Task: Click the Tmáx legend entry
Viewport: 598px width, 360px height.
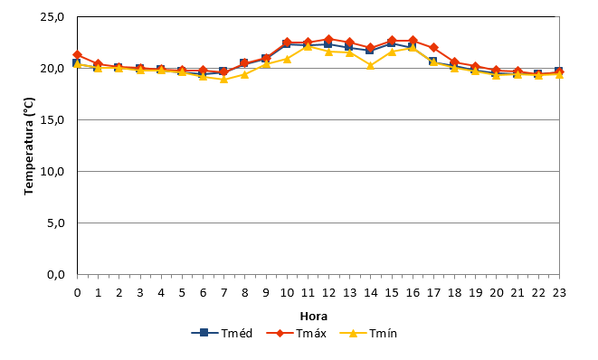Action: [296, 333]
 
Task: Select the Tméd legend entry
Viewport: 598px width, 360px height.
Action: [222, 333]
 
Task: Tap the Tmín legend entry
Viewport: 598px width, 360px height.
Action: [368, 333]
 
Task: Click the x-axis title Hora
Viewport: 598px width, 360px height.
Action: [314, 317]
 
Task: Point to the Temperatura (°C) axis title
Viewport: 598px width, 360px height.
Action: [29, 146]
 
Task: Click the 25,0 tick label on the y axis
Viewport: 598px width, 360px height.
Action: [52, 17]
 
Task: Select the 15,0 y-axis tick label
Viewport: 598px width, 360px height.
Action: [52, 120]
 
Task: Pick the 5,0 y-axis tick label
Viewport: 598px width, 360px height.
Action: [56, 223]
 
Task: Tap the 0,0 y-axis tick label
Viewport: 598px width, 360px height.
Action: [56, 275]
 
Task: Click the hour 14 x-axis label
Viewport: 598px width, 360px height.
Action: [371, 293]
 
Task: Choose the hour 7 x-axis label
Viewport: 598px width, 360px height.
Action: [223, 293]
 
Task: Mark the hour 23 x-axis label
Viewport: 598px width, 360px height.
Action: [559, 293]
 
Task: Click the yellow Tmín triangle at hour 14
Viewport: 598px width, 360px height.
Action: [370, 66]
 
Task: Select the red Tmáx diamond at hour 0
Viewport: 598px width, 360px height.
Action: [78, 55]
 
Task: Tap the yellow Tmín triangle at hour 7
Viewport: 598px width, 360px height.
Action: [223, 79]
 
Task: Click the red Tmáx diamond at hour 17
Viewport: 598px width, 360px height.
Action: [433, 48]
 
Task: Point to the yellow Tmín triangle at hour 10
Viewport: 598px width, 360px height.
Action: [287, 59]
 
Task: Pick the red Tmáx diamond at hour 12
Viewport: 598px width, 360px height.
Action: [328, 39]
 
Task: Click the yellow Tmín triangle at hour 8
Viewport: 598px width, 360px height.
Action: [245, 74]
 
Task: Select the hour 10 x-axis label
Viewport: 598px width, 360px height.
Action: [287, 293]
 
